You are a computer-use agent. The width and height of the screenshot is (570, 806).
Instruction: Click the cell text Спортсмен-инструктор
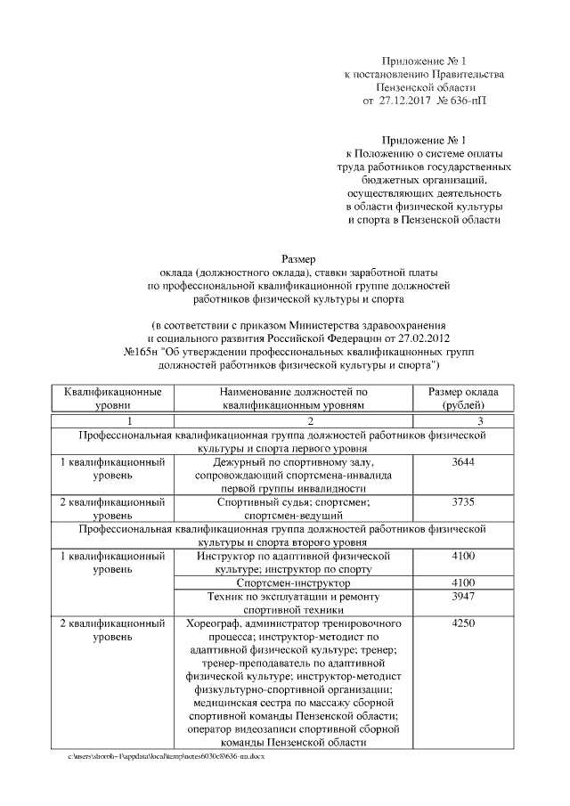click(x=292, y=582)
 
